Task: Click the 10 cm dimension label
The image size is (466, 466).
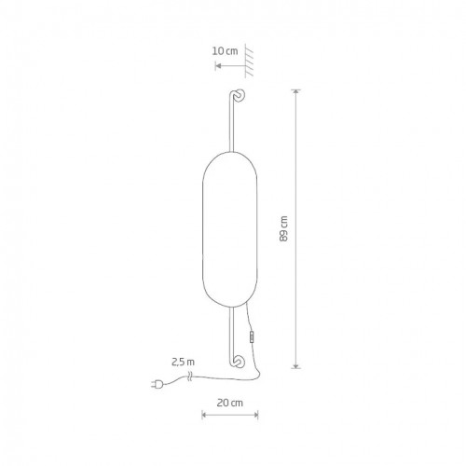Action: [x=226, y=51]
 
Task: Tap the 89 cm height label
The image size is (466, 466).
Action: [x=283, y=228]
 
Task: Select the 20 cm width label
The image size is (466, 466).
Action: [x=229, y=403]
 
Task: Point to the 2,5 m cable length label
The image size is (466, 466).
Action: [x=183, y=362]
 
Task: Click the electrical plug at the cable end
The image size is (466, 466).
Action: [x=157, y=385]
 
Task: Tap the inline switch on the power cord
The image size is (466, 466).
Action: [x=252, y=336]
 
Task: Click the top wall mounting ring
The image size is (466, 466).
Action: [x=240, y=95]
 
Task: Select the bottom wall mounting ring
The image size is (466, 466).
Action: [x=240, y=362]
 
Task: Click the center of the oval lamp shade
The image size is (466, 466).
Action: [x=229, y=229]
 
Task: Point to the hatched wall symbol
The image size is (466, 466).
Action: [x=249, y=61]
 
